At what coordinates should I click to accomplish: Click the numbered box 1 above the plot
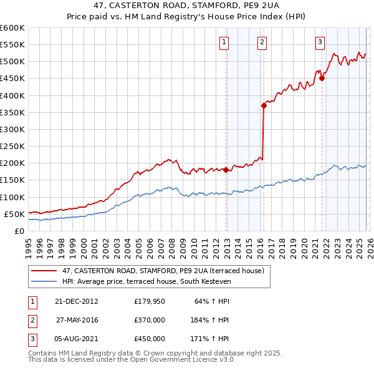(x=224, y=42)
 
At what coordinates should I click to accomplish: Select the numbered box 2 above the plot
(x=262, y=42)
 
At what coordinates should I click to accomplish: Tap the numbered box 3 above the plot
(x=320, y=42)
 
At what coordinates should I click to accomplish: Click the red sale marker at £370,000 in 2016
(x=264, y=105)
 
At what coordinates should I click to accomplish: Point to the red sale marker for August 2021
(x=322, y=78)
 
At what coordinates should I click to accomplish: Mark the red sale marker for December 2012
(x=226, y=170)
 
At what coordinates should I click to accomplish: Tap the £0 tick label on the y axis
(x=19, y=231)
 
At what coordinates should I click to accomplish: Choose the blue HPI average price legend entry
(x=146, y=282)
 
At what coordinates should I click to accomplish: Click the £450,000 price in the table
(x=150, y=338)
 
